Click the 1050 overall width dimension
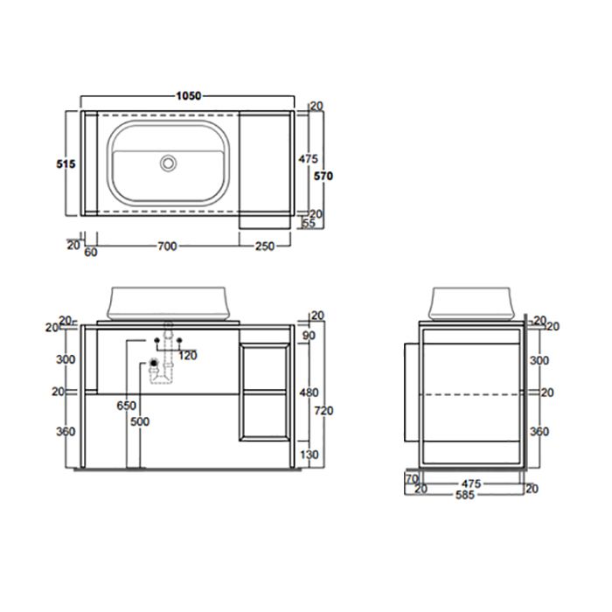[188, 94]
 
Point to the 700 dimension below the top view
[166, 247]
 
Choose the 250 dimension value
[267, 247]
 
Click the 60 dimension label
[90, 253]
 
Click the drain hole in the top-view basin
[170, 163]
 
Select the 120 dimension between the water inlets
[186, 355]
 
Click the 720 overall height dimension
[324, 409]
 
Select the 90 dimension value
[307, 335]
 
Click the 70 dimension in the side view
[410, 478]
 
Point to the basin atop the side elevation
[470, 303]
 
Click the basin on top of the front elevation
[170, 303]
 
